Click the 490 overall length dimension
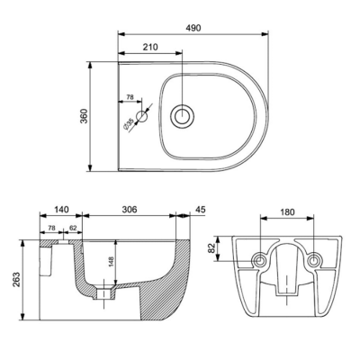193,28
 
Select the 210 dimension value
150,47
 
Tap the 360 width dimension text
84,116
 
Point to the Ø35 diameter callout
129,124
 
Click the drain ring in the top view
182,116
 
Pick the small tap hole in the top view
142,116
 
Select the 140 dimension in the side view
61,210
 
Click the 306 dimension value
130,210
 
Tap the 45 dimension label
201,210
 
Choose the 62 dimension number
73,228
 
